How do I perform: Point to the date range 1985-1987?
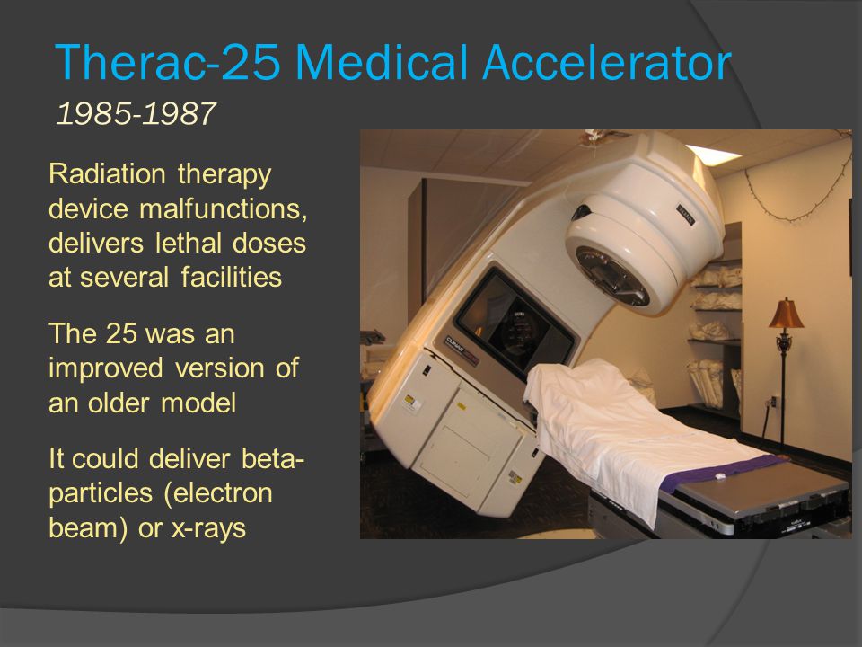(x=136, y=113)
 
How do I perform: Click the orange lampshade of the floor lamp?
(x=786, y=315)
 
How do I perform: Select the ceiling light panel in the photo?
(x=714, y=155)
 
